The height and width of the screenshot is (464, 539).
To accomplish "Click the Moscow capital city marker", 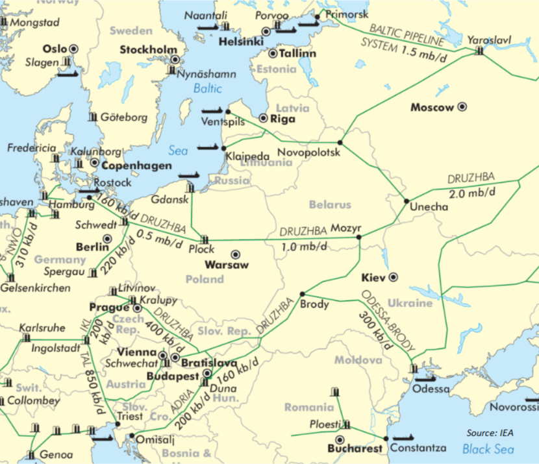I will point(462,106).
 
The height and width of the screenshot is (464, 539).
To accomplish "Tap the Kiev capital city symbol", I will point(394,277).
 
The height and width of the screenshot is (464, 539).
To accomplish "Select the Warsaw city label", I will point(226,265).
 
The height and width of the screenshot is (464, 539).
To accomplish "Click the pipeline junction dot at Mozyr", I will point(358,238).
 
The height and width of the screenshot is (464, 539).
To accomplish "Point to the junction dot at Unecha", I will point(407,201).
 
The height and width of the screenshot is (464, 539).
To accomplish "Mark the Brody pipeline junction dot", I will point(302,294).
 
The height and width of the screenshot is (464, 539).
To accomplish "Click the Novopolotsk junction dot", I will point(340,142).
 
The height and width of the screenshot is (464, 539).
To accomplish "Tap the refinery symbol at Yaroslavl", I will point(479,51).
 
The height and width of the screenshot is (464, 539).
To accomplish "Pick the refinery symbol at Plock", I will point(205,239).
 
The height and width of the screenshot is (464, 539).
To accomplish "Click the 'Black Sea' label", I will point(488,449).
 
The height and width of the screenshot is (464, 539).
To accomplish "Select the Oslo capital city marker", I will point(73,48).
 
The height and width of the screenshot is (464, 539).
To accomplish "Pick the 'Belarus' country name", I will point(330,204).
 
